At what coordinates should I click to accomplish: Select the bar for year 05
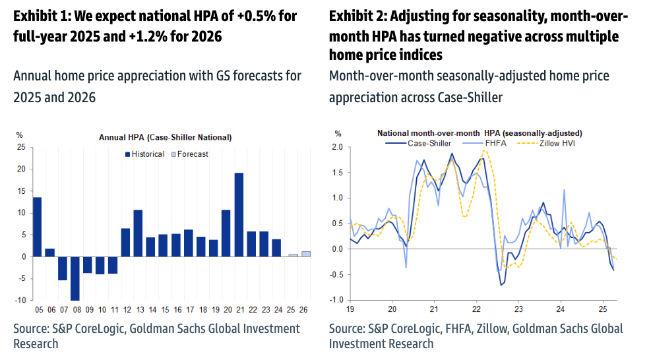37,226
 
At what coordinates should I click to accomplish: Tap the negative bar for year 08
75,278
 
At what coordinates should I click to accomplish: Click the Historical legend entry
146,154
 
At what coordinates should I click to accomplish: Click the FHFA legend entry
491,142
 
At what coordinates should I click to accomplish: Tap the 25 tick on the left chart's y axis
21,147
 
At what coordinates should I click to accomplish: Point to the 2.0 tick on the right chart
338,147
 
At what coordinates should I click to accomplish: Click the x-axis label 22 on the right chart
476,309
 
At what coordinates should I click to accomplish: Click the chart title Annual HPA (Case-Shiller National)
165,138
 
